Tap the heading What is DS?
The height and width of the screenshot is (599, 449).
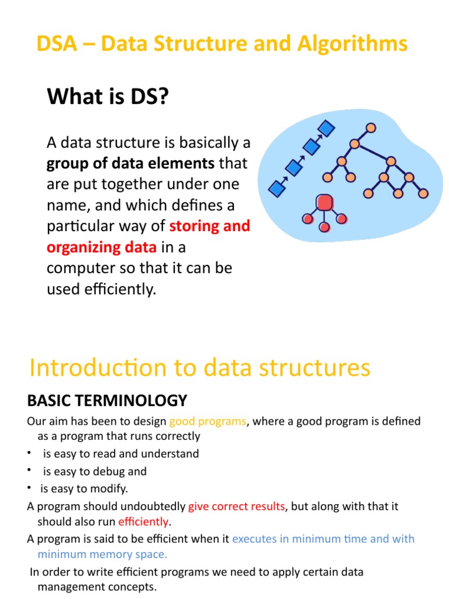108,97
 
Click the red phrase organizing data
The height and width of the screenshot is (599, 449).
102,247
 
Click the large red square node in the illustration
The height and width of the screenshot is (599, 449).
324,202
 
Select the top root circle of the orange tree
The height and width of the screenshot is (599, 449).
370,128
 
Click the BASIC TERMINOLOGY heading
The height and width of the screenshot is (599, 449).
107,401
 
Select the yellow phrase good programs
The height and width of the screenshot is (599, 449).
208,421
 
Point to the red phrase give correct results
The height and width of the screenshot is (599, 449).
236,506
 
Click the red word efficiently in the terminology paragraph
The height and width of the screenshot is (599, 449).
143,521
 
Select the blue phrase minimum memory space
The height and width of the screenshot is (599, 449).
102,554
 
